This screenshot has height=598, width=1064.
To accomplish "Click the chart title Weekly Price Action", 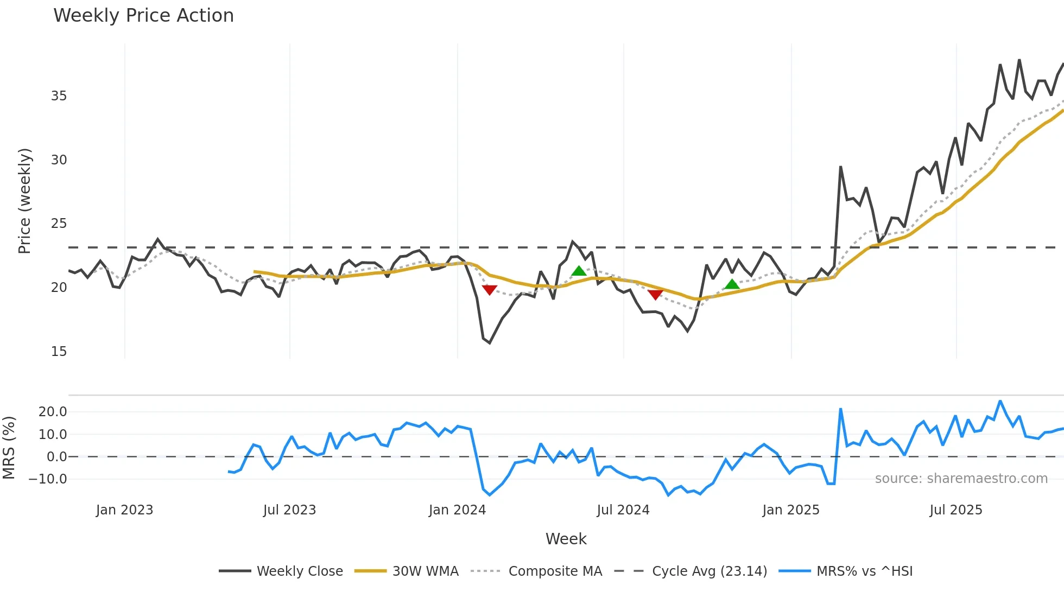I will click(143, 16).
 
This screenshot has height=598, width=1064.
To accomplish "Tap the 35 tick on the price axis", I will click(59, 96).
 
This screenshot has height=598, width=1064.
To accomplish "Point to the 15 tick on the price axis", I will click(59, 352).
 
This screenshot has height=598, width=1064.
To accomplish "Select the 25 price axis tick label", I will click(59, 224).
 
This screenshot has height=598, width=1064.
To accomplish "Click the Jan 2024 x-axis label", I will click(457, 510).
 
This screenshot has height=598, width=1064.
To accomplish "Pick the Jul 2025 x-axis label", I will click(956, 510).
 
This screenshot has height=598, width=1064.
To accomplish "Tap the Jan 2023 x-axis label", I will click(124, 510).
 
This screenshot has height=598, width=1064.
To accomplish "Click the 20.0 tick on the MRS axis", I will click(53, 412).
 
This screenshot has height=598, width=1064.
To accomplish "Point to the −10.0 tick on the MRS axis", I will click(48, 479).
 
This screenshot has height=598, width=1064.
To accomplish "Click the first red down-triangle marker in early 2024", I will click(490, 290).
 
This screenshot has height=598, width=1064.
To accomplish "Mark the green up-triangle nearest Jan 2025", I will click(732, 284).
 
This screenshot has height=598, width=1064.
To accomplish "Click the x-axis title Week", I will click(566, 539).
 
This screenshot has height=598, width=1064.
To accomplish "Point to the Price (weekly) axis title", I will click(25, 201).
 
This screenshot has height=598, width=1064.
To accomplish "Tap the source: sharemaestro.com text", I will click(961, 479).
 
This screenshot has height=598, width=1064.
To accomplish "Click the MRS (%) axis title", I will click(9, 448).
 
